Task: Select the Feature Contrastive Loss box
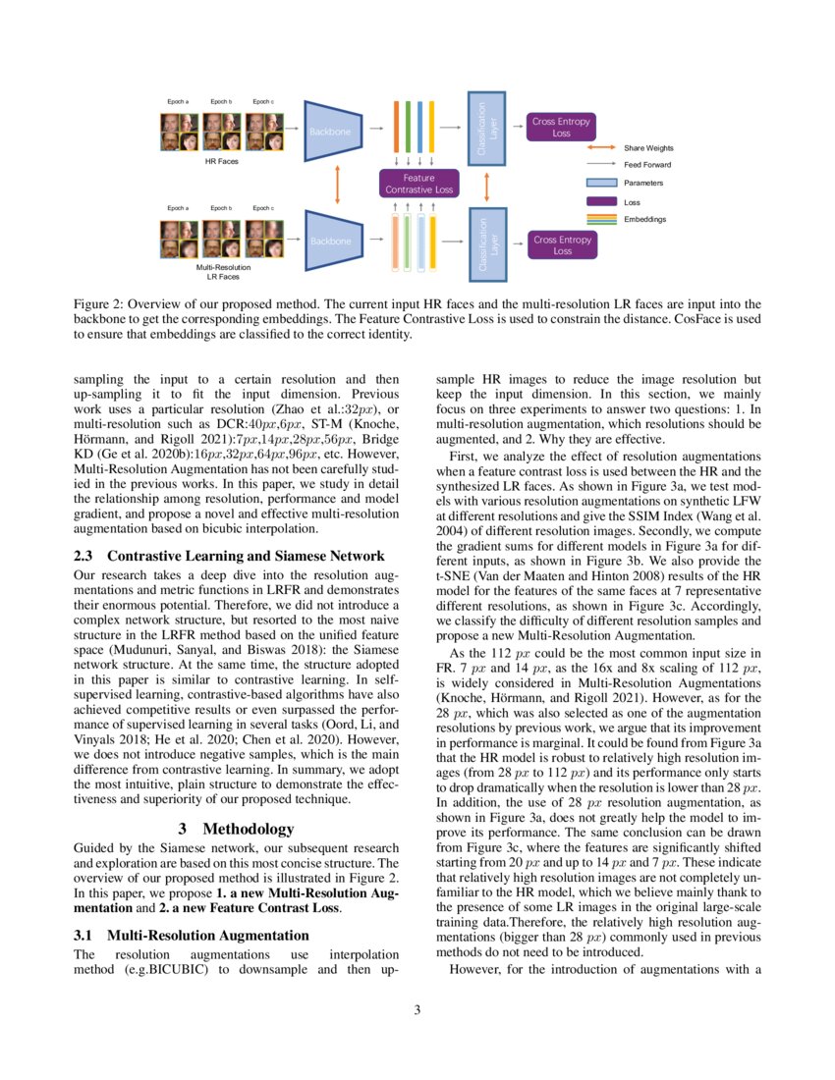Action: tap(418, 184)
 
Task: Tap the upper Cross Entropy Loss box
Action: tap(561, 127)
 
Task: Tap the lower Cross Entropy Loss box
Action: tap(561, 244)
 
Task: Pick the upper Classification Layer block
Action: tap(487, 128)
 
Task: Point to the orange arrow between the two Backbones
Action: tap(337, 185)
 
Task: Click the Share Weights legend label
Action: tap(649, 148)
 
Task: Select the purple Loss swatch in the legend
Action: tap(600, 201)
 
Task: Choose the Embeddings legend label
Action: tap(645, 219)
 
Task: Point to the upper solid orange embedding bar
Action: tap(396, 127)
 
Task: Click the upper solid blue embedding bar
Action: tap(419, 127)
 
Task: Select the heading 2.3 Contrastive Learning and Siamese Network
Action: tap(229, 557)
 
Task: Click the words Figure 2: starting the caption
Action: tap(99, 304)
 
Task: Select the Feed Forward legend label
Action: tap(648, 165)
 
